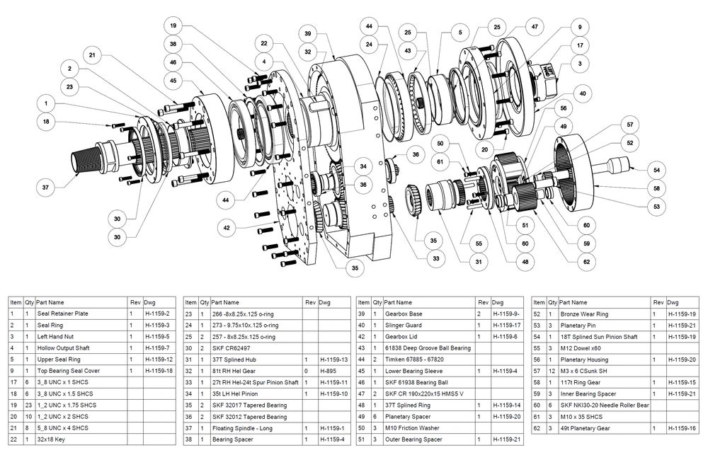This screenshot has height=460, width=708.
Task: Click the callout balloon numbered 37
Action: pyautogui.click(x=46, y=188)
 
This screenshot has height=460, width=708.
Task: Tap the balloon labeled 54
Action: pyautogui.click(x=656, y=171)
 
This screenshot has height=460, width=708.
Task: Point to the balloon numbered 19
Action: pyautogui.click(x=173, y=25)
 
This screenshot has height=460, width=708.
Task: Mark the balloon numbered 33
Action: pyautogui.click(x=436, y=259)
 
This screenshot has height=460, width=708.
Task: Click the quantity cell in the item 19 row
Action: pyautogui.click(x=28, y=405)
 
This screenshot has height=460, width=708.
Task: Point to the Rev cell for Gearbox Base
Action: pyautogui.click(x=482, y=313)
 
